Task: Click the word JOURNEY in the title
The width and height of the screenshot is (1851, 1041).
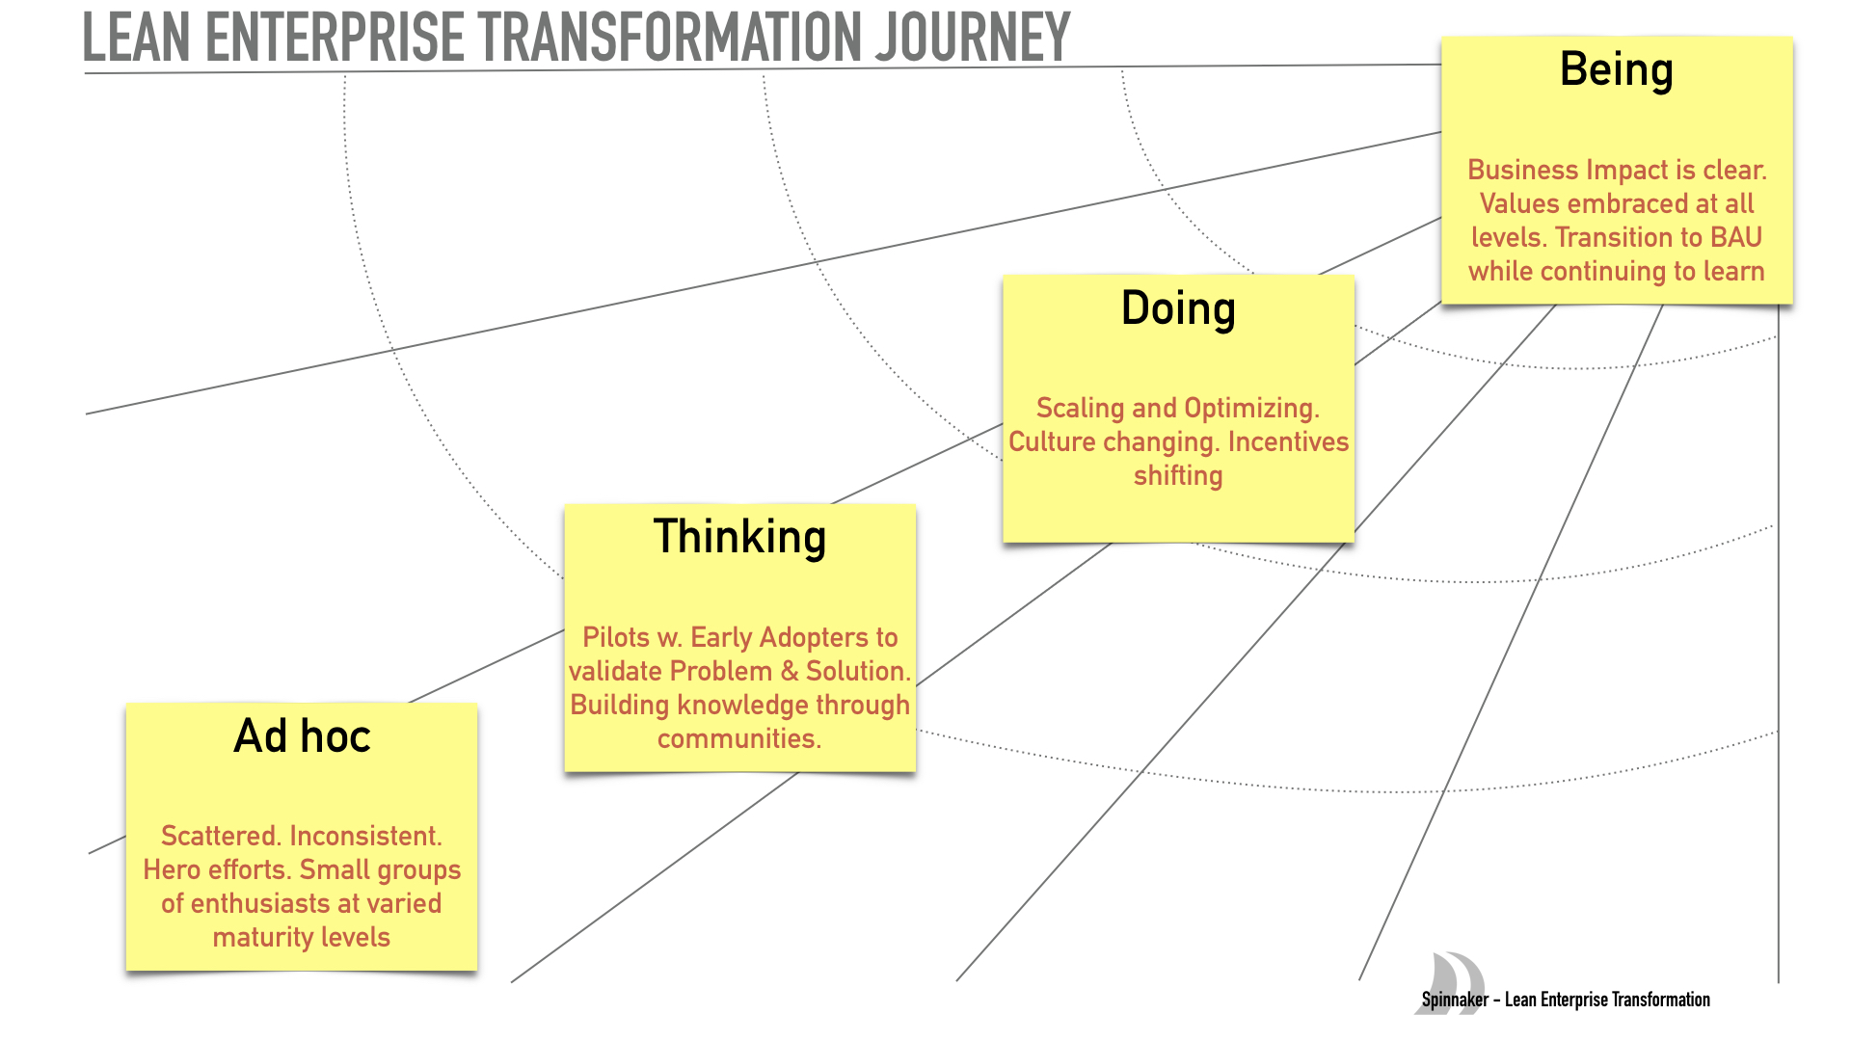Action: point(972,39)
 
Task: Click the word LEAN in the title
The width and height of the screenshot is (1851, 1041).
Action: point(136,39)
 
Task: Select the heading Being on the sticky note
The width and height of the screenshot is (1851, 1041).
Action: point(1616,70)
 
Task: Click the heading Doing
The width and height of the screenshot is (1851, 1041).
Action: point(1177,309)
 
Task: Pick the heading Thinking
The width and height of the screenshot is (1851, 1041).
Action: point(739,537)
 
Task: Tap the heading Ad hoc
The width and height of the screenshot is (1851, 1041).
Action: point(302,736)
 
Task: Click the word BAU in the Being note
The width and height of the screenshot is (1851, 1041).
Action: point(1736,237)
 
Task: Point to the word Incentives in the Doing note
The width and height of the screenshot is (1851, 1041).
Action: point(1288,441)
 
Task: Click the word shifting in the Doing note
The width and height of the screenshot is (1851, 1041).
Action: point(1177,476)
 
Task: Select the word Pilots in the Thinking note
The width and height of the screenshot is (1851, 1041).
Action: point(616,637)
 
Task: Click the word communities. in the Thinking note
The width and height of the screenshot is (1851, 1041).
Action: point(739,739)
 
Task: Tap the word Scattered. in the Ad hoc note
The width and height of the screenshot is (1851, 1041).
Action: point(221,836)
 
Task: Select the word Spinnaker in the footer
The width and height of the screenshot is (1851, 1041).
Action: point(1455,1001)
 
